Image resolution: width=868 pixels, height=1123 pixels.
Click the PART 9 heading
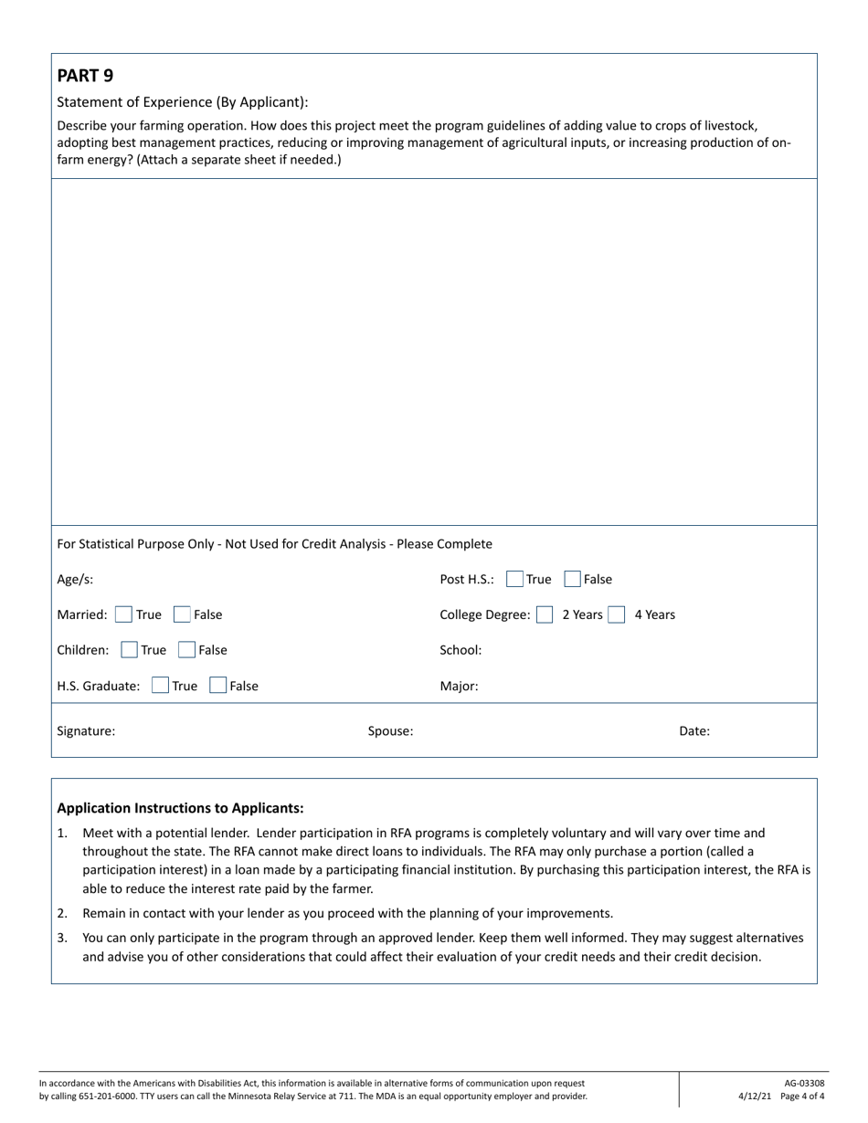85,76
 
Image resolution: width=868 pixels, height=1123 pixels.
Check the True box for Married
123,614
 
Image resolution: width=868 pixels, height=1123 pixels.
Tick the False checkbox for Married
182,614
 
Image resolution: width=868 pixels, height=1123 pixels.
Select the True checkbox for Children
130,650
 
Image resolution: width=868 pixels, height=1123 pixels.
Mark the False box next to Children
187,650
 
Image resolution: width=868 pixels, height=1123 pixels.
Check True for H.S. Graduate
160,686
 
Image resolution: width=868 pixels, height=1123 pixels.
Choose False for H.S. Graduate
218,686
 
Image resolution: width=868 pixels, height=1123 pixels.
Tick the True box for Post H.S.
514,579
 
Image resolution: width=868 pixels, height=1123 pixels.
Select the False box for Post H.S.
573,579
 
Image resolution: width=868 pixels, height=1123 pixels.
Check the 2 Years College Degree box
545,614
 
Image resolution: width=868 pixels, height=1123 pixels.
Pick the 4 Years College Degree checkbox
618,614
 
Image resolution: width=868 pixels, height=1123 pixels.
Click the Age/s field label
75,579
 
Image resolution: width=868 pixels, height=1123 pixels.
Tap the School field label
460,650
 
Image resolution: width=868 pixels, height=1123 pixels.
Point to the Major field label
459,686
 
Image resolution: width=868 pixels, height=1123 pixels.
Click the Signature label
86,730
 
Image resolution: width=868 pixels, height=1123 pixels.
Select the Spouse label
390,730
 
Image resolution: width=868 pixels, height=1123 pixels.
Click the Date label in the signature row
694,730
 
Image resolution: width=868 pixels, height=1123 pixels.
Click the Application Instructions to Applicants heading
180,808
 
